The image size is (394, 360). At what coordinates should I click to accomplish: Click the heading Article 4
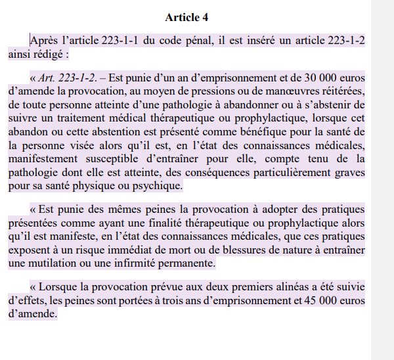coord(186,17)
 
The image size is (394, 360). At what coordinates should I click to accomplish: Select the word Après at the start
coord(44,40)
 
